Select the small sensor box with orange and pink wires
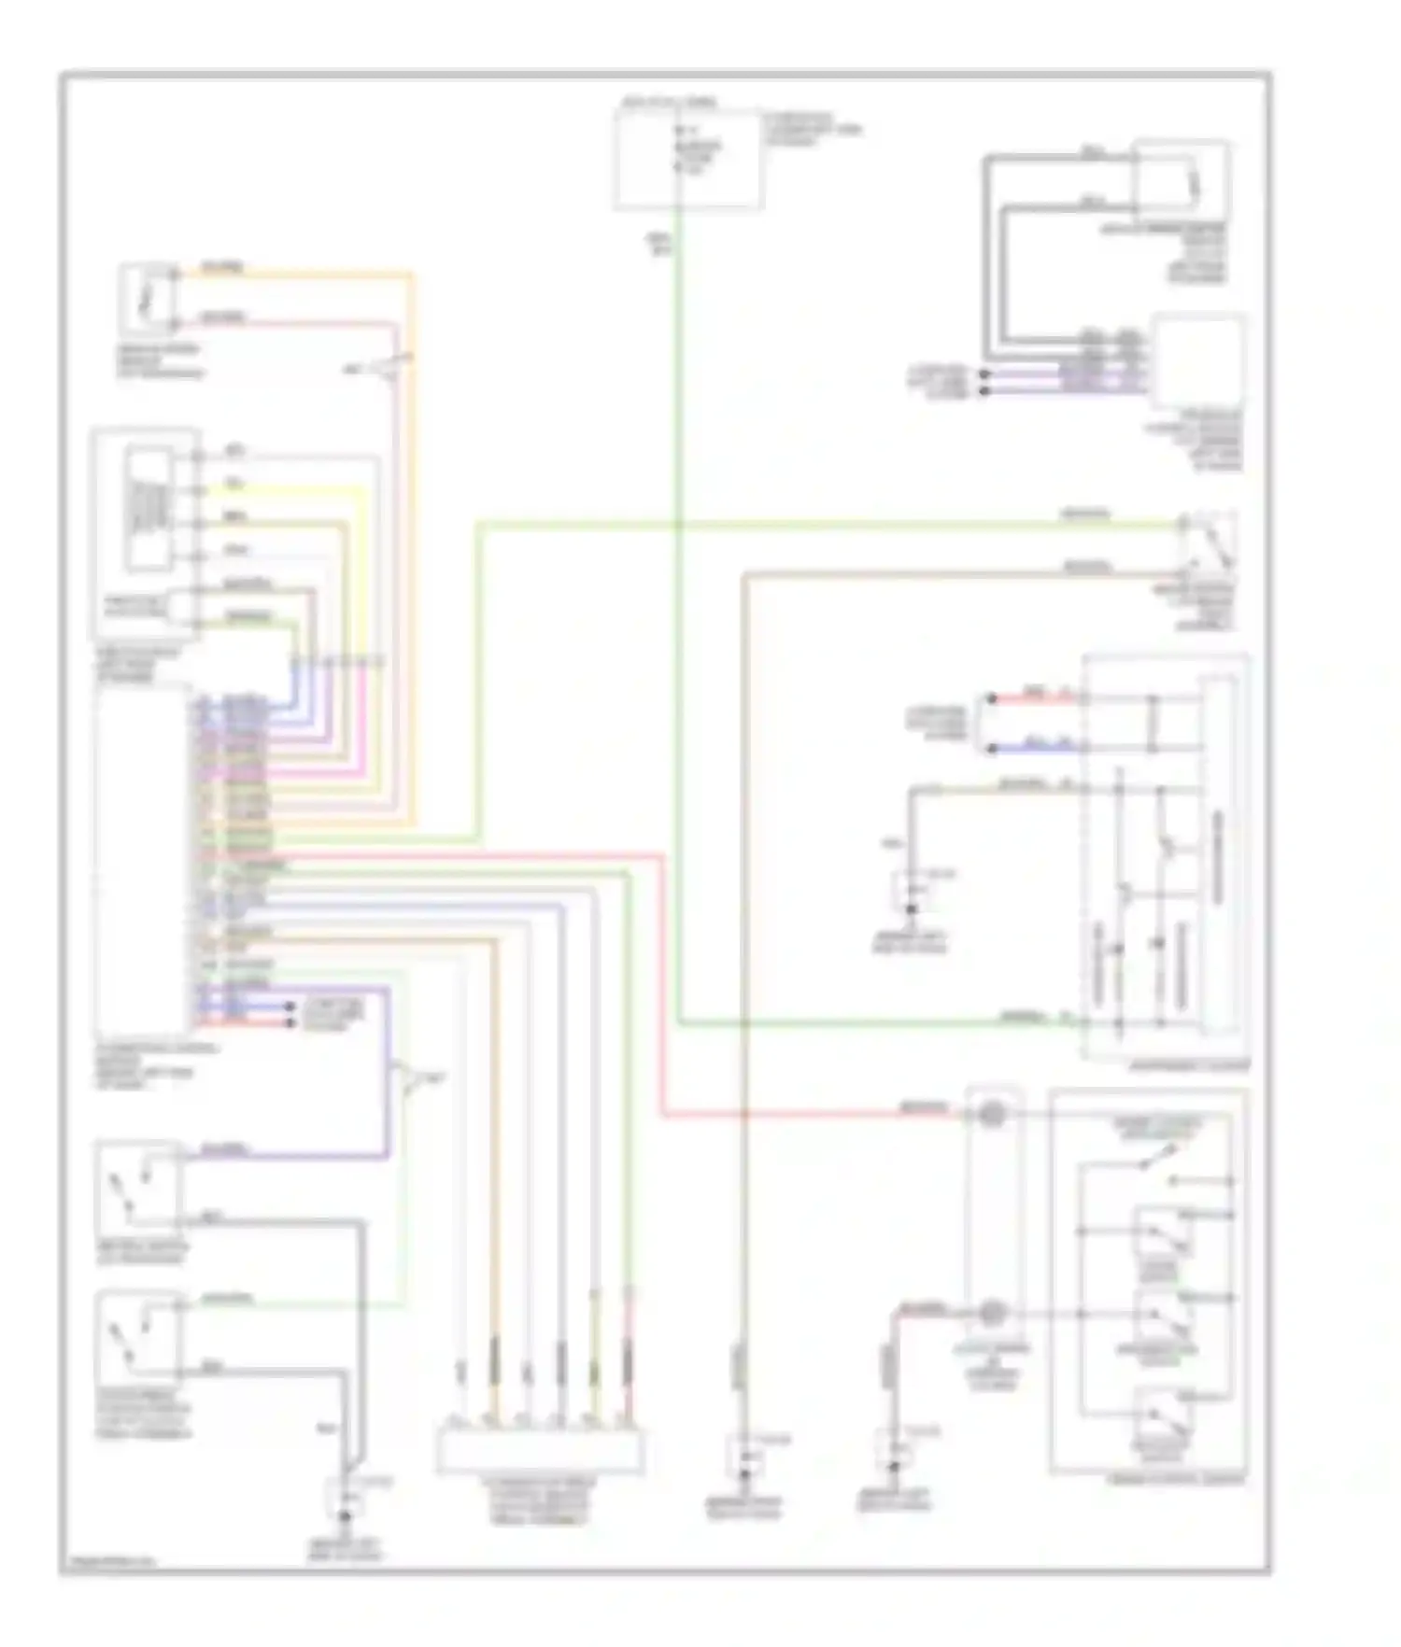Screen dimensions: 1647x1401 pyautogui.click(x=146, y=299)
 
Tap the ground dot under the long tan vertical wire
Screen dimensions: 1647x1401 pyautogui.click(x=744, y=1476)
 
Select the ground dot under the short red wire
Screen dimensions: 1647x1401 pyautogui.click(x=894, y=1467)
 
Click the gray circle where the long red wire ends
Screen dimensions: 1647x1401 pyautogui.click(x=992, y=1114)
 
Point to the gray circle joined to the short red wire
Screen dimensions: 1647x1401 pyautogui.click(x=992, y=1314)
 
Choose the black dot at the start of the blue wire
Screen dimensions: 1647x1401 pyautogui.click(x=992, y=748)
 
